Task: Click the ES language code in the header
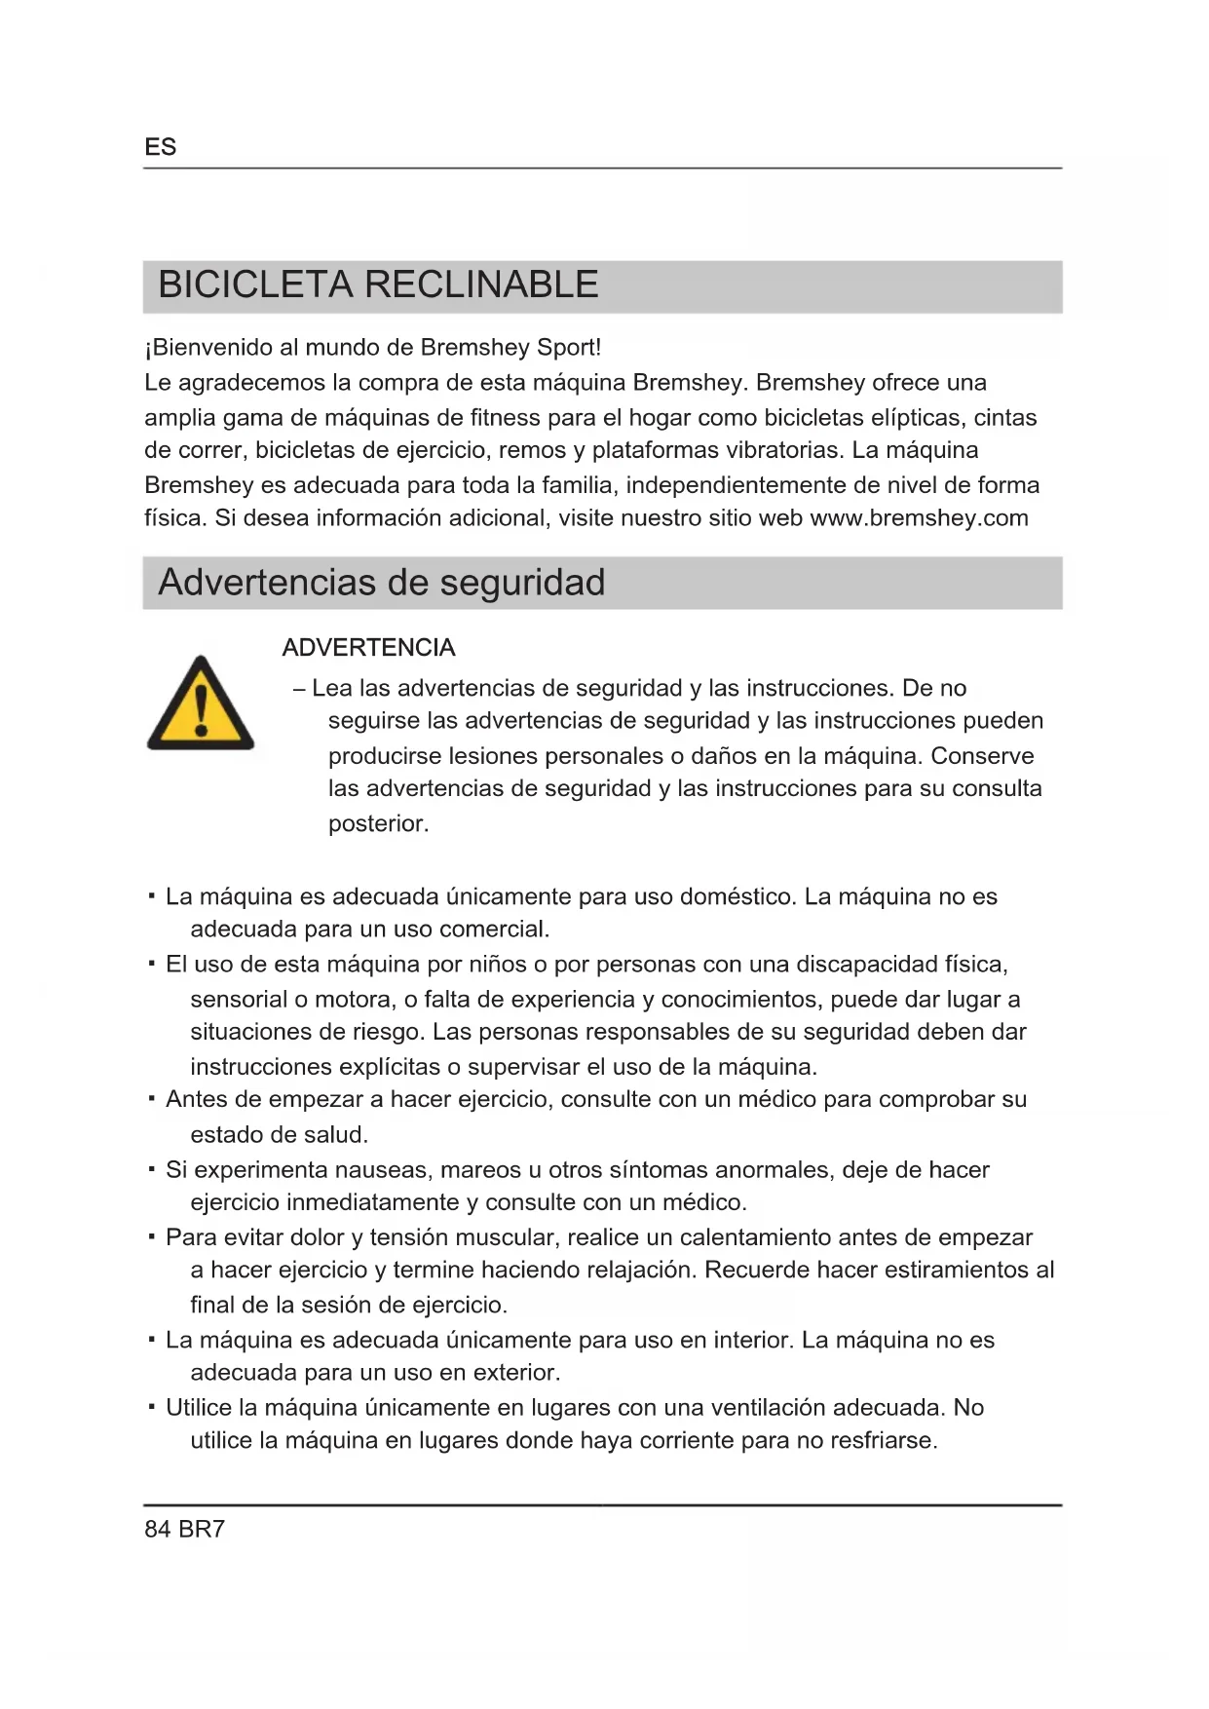(x=160, y=147)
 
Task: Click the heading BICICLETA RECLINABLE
(x=378, y=285)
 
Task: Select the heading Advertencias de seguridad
(x=381, y=583)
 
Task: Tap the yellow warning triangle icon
(x=201, y=704)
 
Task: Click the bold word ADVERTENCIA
(x=368, y=648)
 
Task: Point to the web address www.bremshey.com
(x=919, y=518)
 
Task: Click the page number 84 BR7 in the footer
(x=184, y=1529)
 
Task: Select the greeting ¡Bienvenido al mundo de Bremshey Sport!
(x=372, y=348)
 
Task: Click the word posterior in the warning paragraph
(x=377, y=824)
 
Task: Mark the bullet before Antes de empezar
(x=152, y=1099)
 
